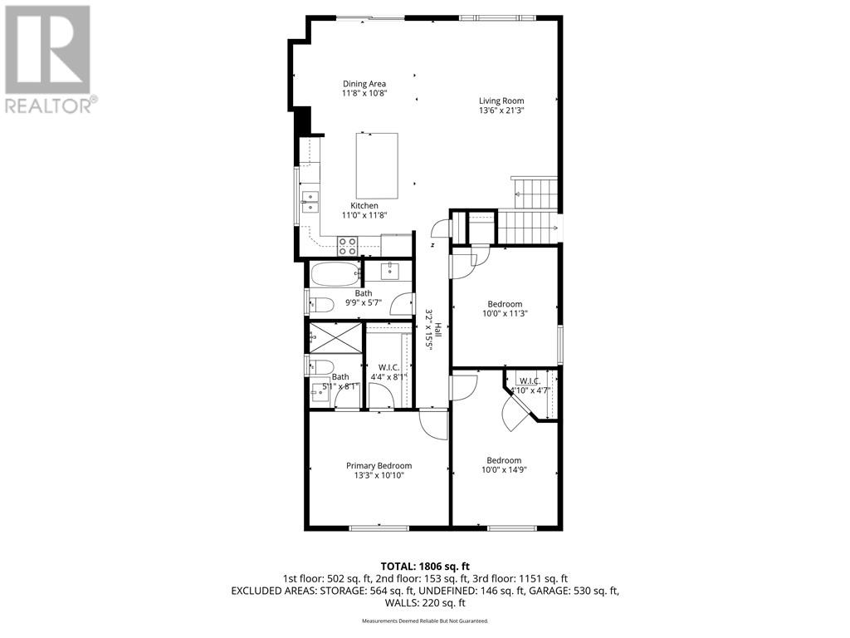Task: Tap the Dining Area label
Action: (364, 83)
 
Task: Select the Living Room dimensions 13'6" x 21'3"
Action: (501, 110)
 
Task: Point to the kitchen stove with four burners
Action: (347, 245)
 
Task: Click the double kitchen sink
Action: (310, 202)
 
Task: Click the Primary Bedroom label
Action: (379, 465)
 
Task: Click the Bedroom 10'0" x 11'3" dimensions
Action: (505, 313)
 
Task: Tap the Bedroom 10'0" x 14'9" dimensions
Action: (504, 469)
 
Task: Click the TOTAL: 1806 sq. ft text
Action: (424, 566)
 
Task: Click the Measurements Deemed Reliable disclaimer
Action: (424, 621)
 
